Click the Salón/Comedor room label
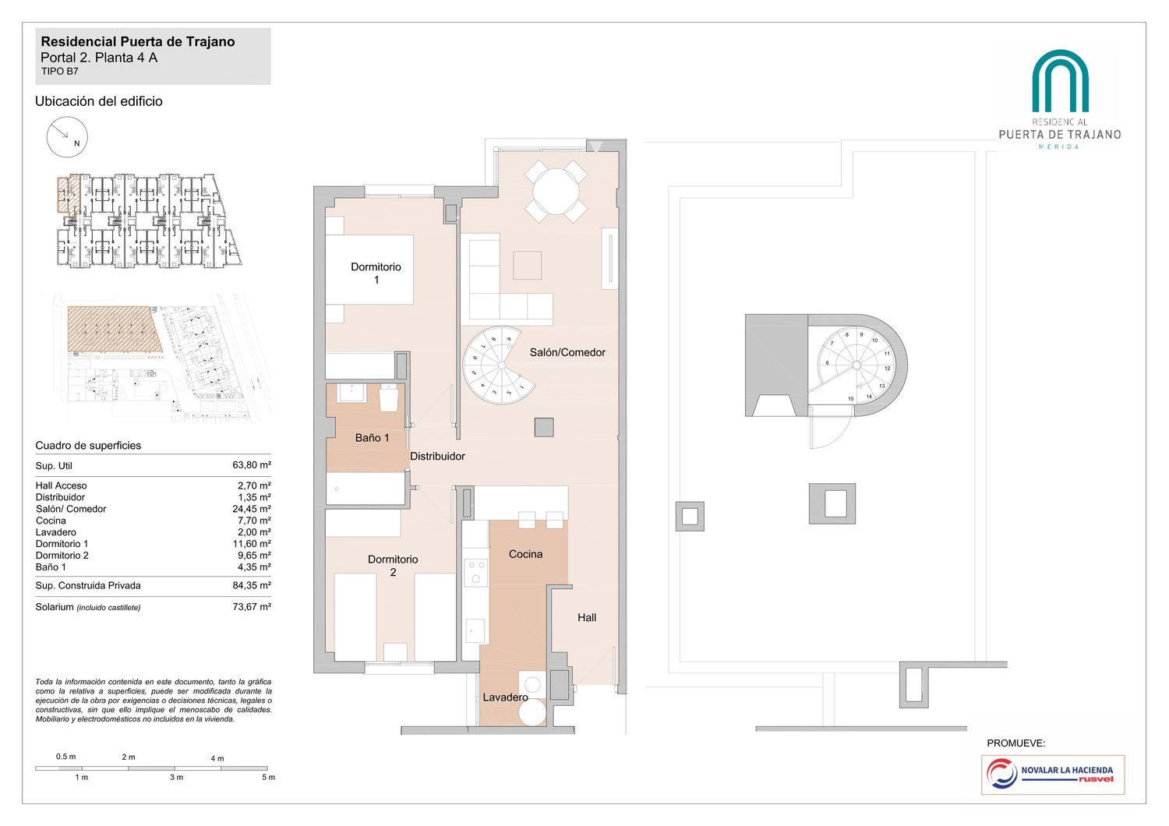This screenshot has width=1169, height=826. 567,353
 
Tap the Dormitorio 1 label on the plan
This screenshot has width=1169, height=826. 376,274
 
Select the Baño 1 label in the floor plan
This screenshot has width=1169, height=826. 372,438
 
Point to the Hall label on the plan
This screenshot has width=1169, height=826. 587,618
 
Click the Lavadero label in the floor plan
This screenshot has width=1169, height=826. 505,697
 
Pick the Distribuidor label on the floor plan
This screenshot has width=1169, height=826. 437,457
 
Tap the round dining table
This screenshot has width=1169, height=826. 556,192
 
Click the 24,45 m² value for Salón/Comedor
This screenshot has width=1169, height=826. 252,509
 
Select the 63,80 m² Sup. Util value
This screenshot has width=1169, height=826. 252,465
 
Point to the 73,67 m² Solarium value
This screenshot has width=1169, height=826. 252,607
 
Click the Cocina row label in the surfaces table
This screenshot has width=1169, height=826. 51,521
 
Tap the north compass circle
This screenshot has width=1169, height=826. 67,137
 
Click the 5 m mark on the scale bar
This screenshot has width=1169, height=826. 268,778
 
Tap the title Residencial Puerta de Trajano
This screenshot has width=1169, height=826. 138,42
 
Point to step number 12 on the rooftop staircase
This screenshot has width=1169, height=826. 887,369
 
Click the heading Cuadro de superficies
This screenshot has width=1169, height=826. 88,446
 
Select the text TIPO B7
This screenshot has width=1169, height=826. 59,72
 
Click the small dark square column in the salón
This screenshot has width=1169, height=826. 544,427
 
